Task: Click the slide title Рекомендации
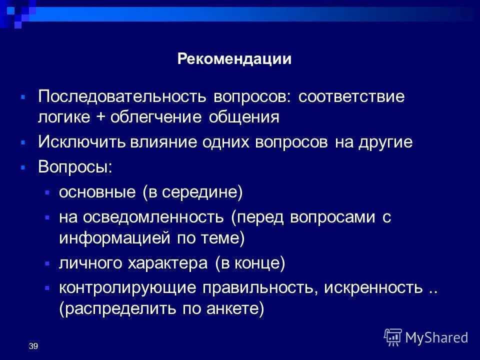(x=234, y=59)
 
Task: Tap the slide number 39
(x=33, y=346)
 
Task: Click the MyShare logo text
(x=436, y=337)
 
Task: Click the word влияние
(x=163, y=142)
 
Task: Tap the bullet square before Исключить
(x=23, y=143)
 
